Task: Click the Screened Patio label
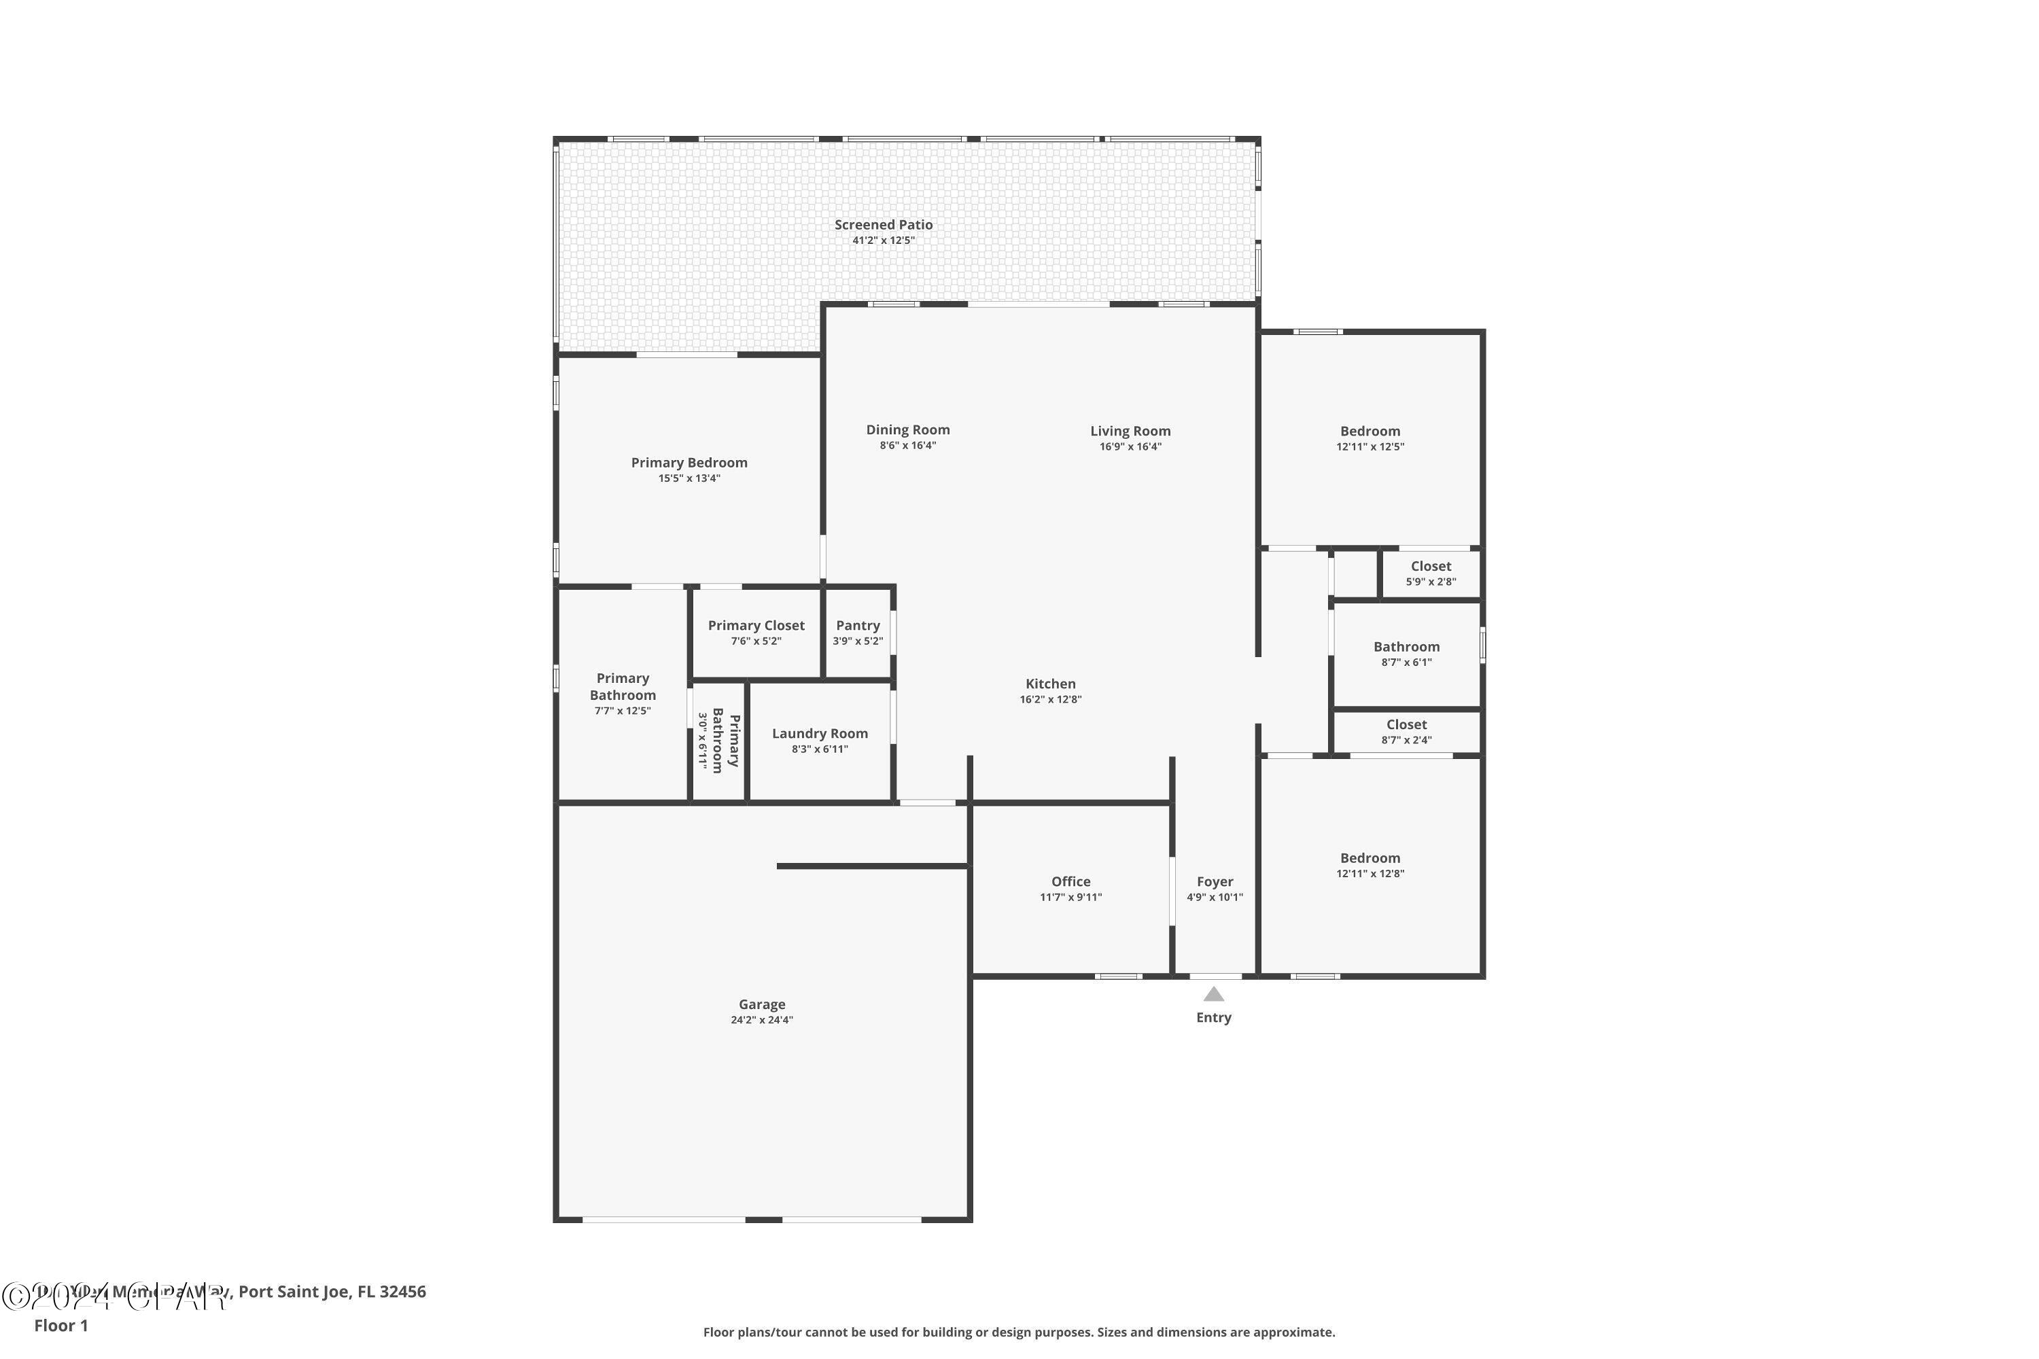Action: coord(884,224)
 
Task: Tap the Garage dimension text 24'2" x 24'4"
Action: coord(761,1020)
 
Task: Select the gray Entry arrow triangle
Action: coord(1214,994)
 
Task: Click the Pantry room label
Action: coord(857,626)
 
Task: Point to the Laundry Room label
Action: coord(819,734)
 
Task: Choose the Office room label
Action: coord(1070,881)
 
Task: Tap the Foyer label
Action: coord(1215,881)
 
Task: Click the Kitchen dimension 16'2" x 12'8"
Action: coord(1050,699)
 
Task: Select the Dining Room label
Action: coord(907,430)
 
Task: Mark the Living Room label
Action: coord(1130,431)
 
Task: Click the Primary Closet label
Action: coord(756,626)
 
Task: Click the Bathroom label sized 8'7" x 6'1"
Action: coord(1406,648)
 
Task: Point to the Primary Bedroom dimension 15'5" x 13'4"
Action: coord(689,478)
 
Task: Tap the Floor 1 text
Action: coord(60,1325)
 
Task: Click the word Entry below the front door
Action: coord(1214,1017)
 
